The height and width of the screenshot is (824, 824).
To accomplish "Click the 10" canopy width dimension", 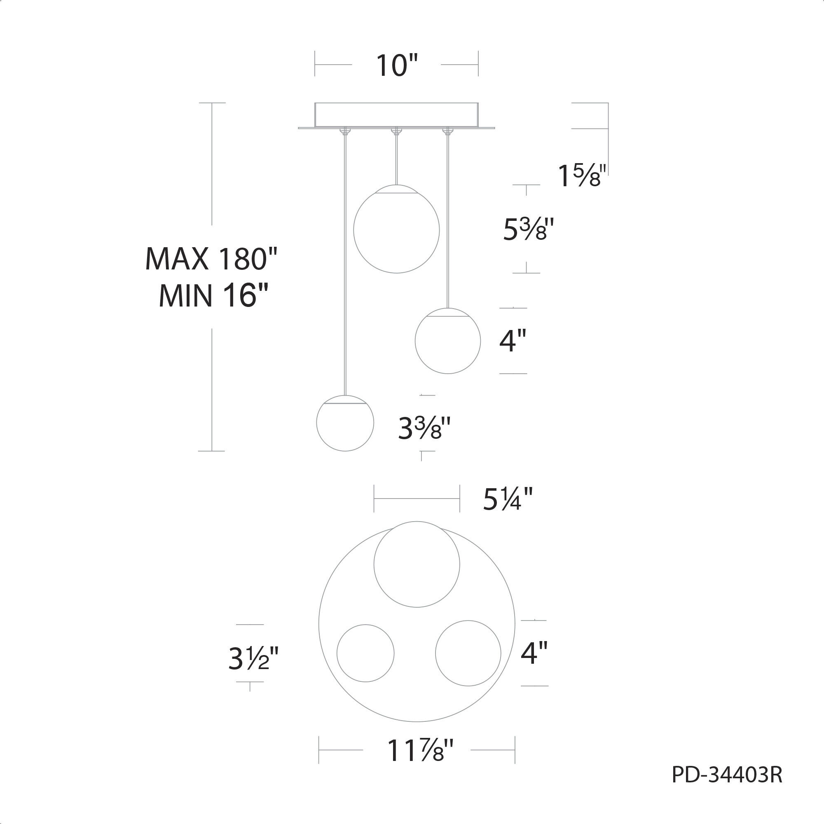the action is tap(396, 66).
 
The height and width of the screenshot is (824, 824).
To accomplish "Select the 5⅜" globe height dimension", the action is tap(529, 229).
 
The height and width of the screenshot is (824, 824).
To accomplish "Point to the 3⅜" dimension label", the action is tap(424, 428).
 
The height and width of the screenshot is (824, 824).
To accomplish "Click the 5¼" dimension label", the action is tap(508, 499).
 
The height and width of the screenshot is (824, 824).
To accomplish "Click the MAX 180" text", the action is tap(211, 258).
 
